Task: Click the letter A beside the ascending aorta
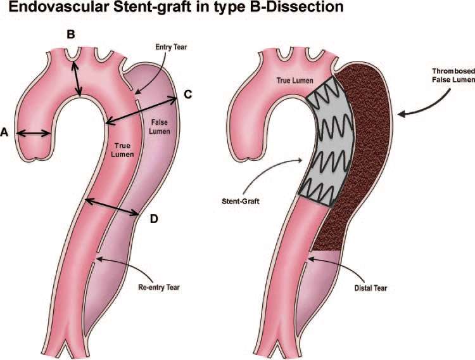(4, 132)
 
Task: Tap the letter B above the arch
(70, 34)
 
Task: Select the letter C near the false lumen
(188, 94)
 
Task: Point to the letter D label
(154, 219)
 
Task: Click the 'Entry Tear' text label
(171, 47)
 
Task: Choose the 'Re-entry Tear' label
(159, 287)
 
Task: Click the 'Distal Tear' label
(370, 288)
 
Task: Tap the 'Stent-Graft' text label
(241, 201)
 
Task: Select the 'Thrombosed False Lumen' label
(453, 75)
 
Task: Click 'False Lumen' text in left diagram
(160, 127)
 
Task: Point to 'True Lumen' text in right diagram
(294, 80)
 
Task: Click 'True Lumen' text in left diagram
(122, 150)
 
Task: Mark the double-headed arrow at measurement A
(34, 133)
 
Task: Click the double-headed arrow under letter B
(76, 78)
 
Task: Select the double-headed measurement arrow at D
(111, 207)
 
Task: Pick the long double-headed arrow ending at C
(141, 110)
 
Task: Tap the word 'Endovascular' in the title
(59, 7)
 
